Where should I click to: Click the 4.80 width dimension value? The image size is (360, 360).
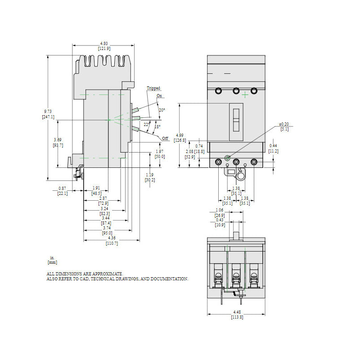[104, 43]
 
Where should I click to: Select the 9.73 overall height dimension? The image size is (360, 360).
[48, 112]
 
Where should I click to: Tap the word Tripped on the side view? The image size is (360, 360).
[153, 88]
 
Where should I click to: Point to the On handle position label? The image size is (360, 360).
[159, 96]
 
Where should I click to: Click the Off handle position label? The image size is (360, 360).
[165, 139]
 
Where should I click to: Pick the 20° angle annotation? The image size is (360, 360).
[162, 110]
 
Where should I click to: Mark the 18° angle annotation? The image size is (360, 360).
[157, 126]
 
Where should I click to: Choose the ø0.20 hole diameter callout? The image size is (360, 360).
[284, 124]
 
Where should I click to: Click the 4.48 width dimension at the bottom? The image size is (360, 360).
[237, 312]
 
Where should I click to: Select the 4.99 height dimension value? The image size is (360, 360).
[180, 135]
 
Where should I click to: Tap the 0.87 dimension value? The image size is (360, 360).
[62, 189]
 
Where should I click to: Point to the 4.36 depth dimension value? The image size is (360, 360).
[112, 238]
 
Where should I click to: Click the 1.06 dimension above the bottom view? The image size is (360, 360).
[220, 210]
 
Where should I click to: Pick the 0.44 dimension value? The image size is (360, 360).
[273, 145]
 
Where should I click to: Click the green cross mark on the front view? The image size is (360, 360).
[245, 94]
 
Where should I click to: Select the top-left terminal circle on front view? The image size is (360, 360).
[218, 91]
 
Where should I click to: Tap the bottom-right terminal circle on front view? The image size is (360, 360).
[254, 162]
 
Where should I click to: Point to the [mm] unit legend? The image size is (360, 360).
[52, 262]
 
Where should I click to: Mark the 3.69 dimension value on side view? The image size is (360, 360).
[58, 140]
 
